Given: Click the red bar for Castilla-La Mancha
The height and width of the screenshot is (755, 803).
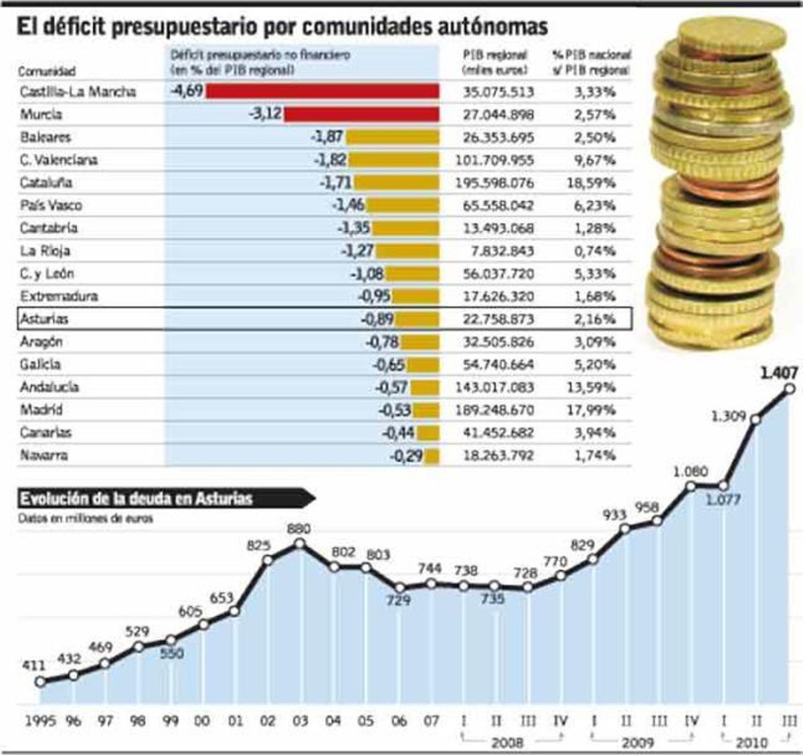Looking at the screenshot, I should [x=322, y=91].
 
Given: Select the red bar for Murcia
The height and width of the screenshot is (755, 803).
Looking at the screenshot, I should [x=361, y=114].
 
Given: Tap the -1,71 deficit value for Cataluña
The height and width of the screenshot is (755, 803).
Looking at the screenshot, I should [x=335, y=182].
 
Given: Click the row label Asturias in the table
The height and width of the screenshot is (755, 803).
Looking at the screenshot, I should [x=44, y=319].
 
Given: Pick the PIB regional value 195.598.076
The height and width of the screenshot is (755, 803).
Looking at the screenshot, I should [x=498, y=183].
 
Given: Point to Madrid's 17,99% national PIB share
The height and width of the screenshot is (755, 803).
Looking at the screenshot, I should [x=590, y=410].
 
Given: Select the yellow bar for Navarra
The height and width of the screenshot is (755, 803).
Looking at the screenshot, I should [x=432, y=456].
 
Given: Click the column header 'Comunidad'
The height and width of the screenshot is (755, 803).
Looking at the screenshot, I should [x=47, y=71].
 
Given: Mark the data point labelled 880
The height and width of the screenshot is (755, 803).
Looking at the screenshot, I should [x=299, y=544].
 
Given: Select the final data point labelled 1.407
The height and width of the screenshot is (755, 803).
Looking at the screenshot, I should [x=789, y=389].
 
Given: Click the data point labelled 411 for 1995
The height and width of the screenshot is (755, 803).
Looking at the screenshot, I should [x=40, y=681].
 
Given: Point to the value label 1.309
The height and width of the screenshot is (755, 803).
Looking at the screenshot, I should [x=728, y=416].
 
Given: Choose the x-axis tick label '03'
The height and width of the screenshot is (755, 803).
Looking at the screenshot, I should [x=300, y=722].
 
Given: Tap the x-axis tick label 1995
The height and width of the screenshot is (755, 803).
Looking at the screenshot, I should [x=40, y=722].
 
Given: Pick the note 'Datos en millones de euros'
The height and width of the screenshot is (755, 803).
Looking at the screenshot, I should [x=85, y=518].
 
